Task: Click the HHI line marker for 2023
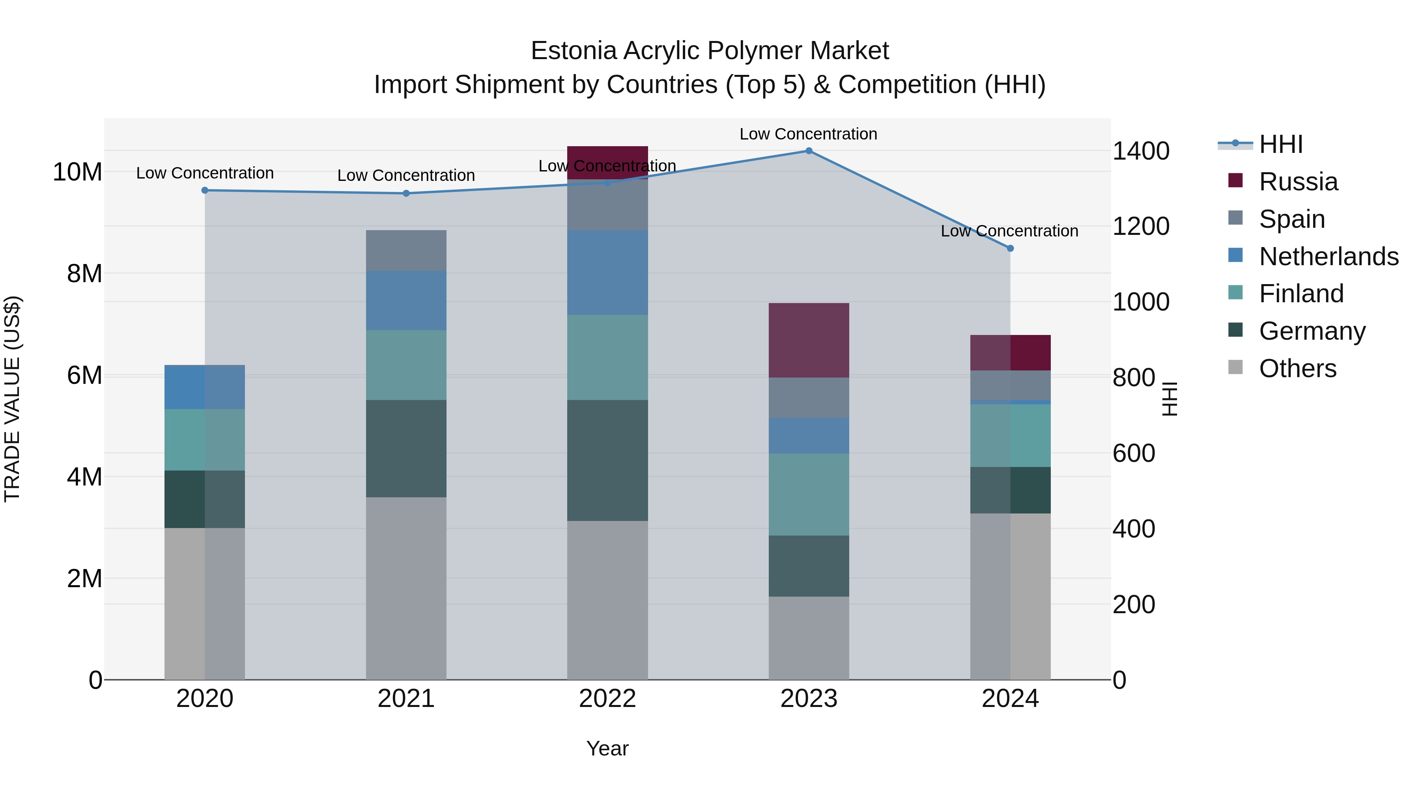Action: (x=809, y=151)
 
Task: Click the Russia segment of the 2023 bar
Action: (x=809, y=340)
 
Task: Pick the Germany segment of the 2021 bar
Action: (x=406, y=449)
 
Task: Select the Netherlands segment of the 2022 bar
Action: (x=607, y=273)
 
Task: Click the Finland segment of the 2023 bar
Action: (x=809, y=495)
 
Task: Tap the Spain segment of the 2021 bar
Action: (x=406, y=251)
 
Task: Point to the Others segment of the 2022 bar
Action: (x=607, y=600)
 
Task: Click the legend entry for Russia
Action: (x=1298, y=182)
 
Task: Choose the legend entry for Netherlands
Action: (x=1328, y=257)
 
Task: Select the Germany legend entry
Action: (x=1312, y=331)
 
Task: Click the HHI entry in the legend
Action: (x=1280, y=144)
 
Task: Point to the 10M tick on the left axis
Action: (x=77, y=172)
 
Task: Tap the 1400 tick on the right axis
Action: (x=1140, y=151)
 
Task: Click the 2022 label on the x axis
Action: (x=607, y=699)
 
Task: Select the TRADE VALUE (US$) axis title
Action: (x=12, y=399)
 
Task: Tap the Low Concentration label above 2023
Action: (x=808, y=134)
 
